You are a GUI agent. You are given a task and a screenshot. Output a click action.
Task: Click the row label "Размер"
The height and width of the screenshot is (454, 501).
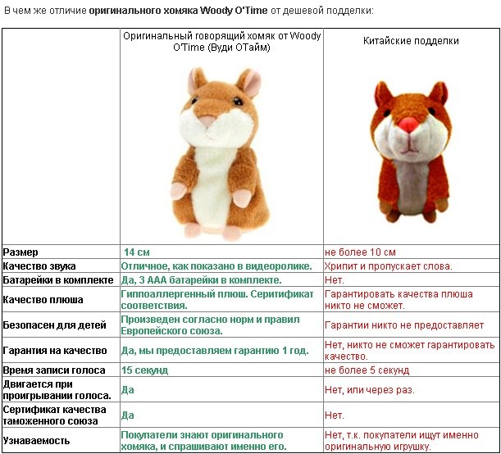pos(21,252)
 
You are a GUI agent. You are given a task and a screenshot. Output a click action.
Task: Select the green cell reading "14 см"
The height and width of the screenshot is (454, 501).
pos(136,252)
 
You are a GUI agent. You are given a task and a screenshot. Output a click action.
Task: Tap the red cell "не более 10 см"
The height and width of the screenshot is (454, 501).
pos(360,252)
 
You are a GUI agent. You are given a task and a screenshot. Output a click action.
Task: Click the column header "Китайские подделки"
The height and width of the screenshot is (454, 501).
pos(411,41)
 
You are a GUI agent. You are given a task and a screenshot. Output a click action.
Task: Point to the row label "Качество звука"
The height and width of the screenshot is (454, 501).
pos(39,266)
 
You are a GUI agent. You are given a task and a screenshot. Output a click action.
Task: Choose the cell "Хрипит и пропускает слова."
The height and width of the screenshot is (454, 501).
pos(388,266)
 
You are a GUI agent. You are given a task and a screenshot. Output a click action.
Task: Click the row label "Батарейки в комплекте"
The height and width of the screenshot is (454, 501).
pos(56,280)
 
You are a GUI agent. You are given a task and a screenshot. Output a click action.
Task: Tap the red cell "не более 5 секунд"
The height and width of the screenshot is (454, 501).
pos(367,370)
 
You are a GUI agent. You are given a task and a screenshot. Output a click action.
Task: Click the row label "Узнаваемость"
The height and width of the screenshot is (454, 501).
pos(37,439)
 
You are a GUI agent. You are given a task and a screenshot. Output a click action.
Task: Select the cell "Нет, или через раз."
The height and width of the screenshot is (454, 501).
pos(370,390)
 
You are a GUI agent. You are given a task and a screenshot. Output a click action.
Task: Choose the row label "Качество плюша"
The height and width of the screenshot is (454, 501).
pos(42,300)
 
